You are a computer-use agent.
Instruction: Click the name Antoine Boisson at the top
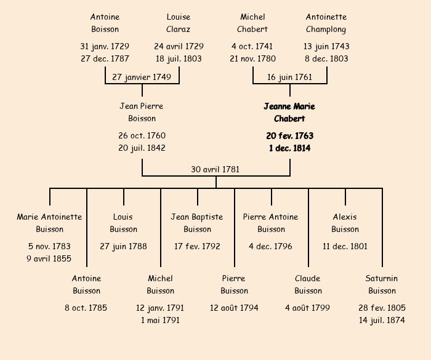tap(105, 23)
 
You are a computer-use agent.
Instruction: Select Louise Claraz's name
tap(179, 23)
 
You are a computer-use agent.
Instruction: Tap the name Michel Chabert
tap(252, 23)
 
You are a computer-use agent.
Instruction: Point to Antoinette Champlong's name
tap(326, 23)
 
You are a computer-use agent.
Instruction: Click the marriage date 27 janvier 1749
tap(142, 77)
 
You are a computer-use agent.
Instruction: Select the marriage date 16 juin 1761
tap(289, 77)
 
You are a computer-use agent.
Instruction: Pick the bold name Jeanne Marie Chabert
tap(289, 113)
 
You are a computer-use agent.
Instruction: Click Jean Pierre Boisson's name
tap(142, 113)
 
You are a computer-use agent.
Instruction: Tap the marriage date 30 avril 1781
tap(216, 169)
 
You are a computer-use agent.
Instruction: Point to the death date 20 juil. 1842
tap(142, 148)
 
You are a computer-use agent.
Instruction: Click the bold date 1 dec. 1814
tap(289, 148)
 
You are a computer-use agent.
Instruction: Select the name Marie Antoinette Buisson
tap(49, 223)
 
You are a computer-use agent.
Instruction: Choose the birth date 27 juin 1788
tap(123, 246)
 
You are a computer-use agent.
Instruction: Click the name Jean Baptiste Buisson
tap(197, 223)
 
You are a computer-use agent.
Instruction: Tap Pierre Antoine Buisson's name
tap(271, 223)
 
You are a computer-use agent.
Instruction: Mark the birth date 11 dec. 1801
tap(345, 246)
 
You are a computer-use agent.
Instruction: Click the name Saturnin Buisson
tap(382, 284)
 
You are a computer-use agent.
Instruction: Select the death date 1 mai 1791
tap(160, 320)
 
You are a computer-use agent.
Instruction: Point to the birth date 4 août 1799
tap(307, 308)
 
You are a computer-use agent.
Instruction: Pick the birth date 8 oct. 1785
tap(86, 308)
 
